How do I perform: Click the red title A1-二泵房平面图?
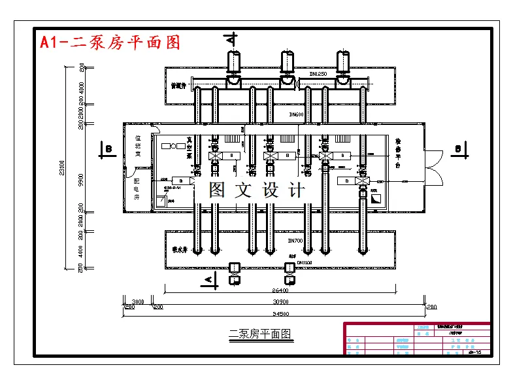coord(110,43)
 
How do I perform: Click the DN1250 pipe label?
coord(318,75)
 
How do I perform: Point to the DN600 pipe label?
coord(297,115)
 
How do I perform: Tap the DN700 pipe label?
coord(295,241)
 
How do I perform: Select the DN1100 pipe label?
coord(305,263)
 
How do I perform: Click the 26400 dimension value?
coord(280,290)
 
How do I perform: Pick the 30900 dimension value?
coord(281,302)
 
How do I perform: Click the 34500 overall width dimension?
coord(281,314)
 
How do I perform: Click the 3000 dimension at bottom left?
coord(129,302)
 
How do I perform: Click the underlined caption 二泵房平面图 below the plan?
coord(260,334)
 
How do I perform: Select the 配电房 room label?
coord(137,188)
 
